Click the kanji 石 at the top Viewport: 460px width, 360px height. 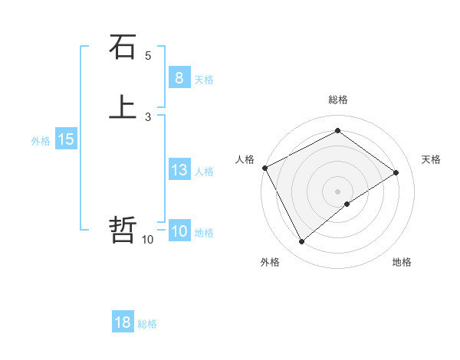pyautogui.click(x=123, y=47)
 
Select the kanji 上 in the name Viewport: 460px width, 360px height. pyautogui.click(x=123, y=108)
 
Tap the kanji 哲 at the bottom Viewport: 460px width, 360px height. pyautogui.click(x=123, y=229)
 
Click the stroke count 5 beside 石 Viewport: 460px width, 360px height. pyautogui.click(x=148, y=56)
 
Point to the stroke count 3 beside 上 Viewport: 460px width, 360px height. pyautogui.click(x=148, y=116)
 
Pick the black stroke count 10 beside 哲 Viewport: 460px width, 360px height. pyautogui.click(x=147, y=240)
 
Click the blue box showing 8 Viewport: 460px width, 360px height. pyautogui.click(x=179, y=78)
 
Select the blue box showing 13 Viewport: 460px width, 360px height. pyautogui.click(x=179, y=170)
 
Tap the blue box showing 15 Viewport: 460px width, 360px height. pyautogui.click(x=66, y=139)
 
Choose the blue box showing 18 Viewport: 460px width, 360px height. pyautogui.click(x=123, y=322)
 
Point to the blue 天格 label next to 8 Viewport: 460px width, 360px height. pyautogui.click(x=204, y=80)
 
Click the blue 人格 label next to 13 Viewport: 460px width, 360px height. pyautogui.click(x=204, y=172)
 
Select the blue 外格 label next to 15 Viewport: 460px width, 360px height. pyautogui.click(x=41, y=141)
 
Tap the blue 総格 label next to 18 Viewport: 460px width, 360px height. pyautogui.click(x=147, y=324)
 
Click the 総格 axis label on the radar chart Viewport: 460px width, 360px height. pyautogui.click(x=337, y=100)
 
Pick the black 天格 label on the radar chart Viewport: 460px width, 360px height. pyautogui.click(x=432, y=159)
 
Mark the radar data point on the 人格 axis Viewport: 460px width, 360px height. pyautogui.click(x=264, y=168)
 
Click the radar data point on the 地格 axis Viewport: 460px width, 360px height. pyautogui.click(x=347, y=204)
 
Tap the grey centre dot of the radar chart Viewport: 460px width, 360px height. pyautogui.click(x=337, y=191)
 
